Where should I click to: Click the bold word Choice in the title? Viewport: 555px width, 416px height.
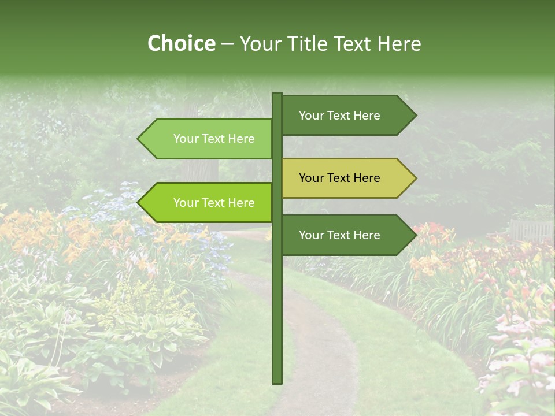click(x=181, y=43)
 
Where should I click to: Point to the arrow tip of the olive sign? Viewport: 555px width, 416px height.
click(x=415, y=178)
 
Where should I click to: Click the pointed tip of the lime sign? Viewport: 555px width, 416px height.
click(x=139, y=203)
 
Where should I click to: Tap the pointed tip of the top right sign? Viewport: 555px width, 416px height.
click(x=415, y=116)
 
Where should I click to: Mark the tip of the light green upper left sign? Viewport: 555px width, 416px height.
click(x=139, y=139)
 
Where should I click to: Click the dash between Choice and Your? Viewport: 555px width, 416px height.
click(x=227, y=44)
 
